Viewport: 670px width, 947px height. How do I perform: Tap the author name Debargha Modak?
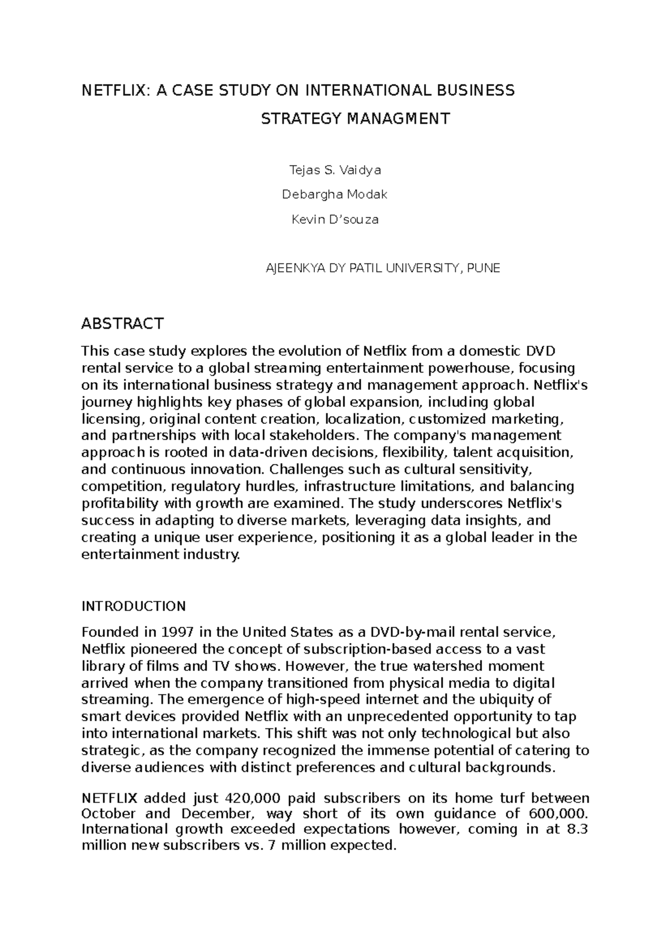click(334, 195)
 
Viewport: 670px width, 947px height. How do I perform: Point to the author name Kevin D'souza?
click(335, 220)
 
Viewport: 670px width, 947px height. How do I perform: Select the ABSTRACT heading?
click(122, 323)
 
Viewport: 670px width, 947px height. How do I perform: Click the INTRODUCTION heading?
click(133, 606)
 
